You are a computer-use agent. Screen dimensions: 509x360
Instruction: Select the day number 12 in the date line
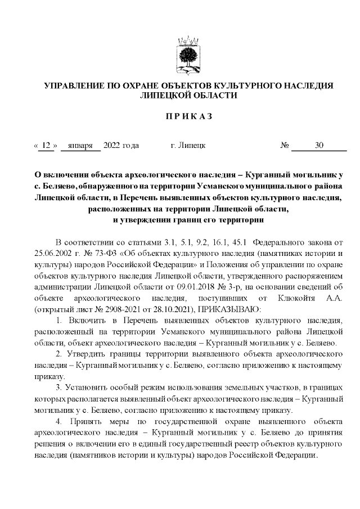(x=47, y=146)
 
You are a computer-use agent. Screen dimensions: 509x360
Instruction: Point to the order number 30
(x=319, y=146)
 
